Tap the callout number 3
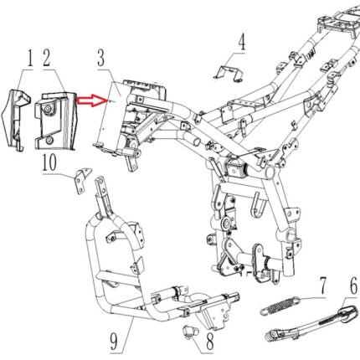click(x=101, y=58)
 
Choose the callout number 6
click(x=353, y=287)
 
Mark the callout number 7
click(x=322, y=286)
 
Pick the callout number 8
click(x=210, y=342)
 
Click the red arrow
click(x=90, y=100)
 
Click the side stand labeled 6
click(x=311, y=323)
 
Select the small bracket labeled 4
click(x=229, y=74)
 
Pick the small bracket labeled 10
click(x=82, y=180)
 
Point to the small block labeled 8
click(x=190, y=332)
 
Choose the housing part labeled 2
click(x=55, y=121)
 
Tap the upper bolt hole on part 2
click(x=49, y=109)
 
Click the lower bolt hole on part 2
click(x=49, y=140)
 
